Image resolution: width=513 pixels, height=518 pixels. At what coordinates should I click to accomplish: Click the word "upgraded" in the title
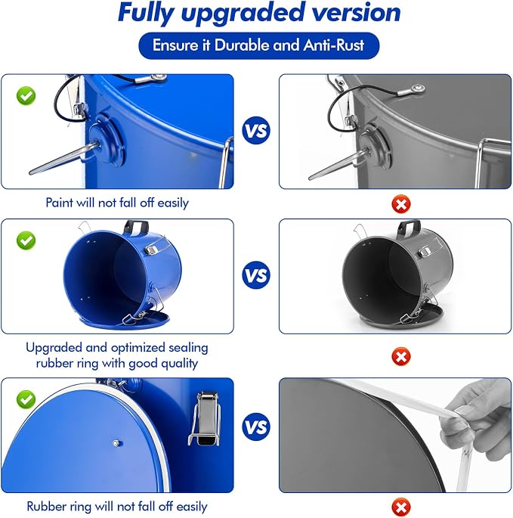243,13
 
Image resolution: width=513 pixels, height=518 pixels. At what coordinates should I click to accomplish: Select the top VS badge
256,130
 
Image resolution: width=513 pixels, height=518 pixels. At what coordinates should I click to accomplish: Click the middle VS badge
256,275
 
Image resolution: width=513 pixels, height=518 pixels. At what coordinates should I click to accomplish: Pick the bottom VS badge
256,426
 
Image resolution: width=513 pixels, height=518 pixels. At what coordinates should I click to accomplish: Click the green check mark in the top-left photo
26,96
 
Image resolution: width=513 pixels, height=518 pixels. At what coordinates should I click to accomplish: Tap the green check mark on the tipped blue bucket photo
26,240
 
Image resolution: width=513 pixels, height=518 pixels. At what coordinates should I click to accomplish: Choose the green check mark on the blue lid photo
26,399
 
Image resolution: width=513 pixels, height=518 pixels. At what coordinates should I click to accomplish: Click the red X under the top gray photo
401,204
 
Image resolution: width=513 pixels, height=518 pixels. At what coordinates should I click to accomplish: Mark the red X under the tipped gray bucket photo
401,356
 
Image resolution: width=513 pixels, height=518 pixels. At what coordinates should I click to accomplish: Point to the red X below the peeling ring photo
401,507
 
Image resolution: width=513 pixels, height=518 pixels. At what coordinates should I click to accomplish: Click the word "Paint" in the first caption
59,203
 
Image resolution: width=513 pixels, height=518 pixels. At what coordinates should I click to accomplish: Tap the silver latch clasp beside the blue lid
205,418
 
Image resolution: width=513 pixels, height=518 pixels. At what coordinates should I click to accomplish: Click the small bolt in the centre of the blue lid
116,443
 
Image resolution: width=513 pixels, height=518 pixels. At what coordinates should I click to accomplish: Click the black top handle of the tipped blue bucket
136,227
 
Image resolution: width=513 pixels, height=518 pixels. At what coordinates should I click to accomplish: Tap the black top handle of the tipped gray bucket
409,227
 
